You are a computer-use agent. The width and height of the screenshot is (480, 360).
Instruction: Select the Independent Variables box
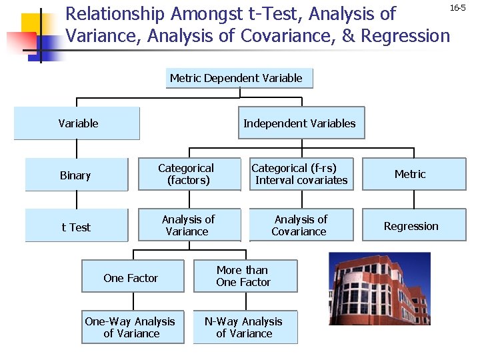301,123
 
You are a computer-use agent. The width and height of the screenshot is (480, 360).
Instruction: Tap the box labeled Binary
76,175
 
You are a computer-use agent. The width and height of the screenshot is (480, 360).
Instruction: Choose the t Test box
76,226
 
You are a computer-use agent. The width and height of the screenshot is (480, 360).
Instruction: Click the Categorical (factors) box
188,174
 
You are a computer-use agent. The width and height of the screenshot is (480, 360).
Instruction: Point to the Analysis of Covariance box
300,225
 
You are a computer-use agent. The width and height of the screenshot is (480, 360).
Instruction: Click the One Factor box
132,277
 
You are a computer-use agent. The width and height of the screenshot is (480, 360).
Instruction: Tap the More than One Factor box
244,276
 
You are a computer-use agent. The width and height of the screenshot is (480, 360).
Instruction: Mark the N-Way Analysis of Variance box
244,327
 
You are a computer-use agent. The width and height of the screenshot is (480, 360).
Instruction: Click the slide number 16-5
457,8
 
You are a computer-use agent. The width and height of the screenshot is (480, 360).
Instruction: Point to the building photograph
380,288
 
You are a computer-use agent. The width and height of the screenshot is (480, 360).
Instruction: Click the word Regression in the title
407,35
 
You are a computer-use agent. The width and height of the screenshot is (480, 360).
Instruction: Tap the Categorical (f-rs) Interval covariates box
300,174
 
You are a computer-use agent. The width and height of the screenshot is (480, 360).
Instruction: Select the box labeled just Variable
77,123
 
